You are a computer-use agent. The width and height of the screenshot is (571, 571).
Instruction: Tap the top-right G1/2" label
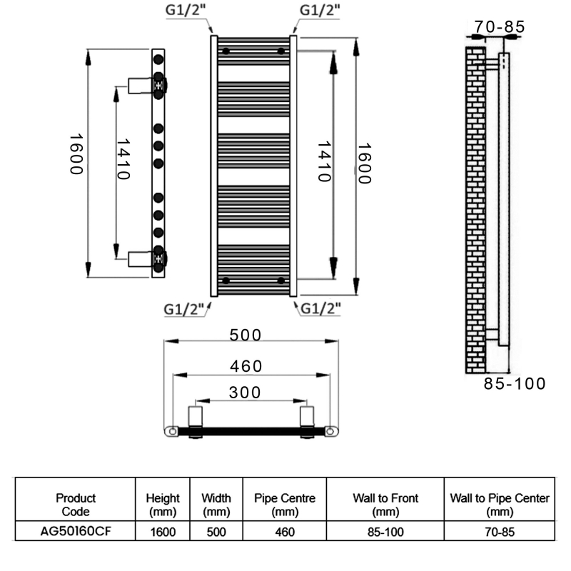click(318, 12)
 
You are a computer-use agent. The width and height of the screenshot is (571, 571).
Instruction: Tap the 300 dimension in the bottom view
click(245, 393)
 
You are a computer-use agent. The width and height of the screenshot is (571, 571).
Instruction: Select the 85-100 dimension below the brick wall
click(515, 384)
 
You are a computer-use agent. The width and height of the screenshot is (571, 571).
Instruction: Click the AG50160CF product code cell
click(76, 532)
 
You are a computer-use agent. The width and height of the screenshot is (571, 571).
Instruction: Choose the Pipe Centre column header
click(285, 504)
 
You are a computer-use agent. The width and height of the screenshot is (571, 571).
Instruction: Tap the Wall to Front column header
click(385, 504)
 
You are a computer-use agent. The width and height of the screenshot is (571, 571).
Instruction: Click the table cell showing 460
click(285, 532)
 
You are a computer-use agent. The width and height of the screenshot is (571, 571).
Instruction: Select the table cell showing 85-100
click(385, 532)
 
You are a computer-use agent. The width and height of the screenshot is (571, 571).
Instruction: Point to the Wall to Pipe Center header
click(500, 504)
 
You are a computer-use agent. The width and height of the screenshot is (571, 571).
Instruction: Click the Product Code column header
click(76, 504)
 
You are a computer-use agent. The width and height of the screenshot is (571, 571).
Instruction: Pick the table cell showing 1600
click(163, 532)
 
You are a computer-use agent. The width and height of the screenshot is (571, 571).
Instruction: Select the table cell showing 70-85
click(500, 532)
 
